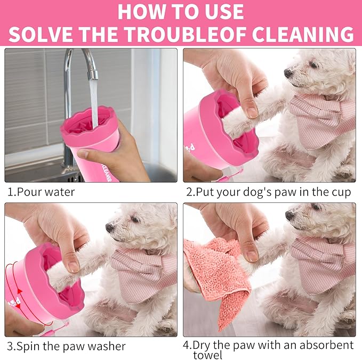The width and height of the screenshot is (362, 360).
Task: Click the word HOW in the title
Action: pyautogui.click(x=142, y=11)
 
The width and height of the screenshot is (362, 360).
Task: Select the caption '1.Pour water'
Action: pyautogui.click(x=41, y=192)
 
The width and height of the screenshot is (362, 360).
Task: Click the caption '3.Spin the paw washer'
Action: pyautogui.click(x=67, y=346)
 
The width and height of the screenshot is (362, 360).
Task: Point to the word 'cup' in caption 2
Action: pyautogui.click(x=340, y=192)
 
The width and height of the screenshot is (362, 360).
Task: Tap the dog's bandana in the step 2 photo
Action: pyautogui.click(x=320, y=120)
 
